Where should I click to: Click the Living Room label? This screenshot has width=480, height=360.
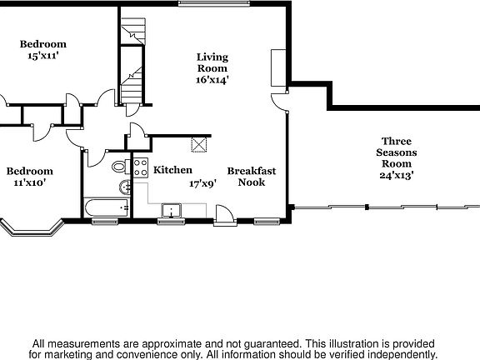point(212,62)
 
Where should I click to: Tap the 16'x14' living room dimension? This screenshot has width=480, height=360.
point(212,80)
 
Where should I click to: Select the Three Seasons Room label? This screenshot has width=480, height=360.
point(397,152)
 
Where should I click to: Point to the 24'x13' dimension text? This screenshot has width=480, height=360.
point(397,175)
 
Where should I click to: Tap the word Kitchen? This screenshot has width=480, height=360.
point(172,170)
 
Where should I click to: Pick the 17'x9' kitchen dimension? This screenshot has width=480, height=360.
point(203,182)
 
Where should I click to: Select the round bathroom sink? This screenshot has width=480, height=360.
point(122,186)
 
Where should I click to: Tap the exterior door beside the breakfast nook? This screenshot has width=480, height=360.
point(224,218)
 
